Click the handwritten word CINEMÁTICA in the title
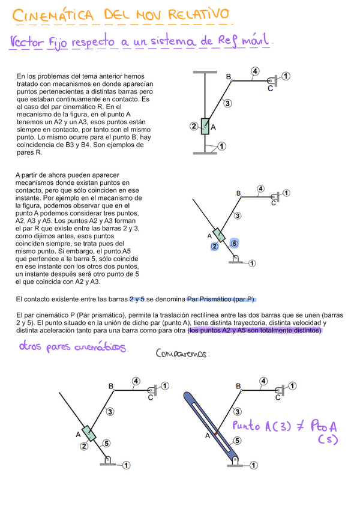53,16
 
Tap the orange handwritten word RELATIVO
198,14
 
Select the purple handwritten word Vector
26,44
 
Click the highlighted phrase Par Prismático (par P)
221,299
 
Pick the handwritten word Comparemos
182,354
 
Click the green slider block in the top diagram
205,126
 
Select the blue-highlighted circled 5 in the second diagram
234,243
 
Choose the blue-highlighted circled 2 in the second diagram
214,246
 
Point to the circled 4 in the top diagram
255,72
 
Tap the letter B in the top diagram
229,77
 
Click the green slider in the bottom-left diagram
89,433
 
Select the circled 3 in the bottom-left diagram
110,411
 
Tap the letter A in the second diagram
209,236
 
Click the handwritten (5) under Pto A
328,440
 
